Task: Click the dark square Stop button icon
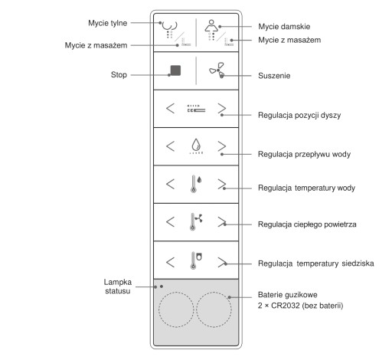point(175,70)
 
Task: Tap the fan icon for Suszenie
point(217,70)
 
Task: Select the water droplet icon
point(196,145)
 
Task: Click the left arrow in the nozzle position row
point(170,108)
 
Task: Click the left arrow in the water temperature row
point(170,184)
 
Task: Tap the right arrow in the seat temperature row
point(222,262)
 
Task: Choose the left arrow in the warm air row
point(170,221)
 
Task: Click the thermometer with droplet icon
point(196,184)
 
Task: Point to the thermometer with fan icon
point(196,221)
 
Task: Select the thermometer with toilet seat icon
point(196,260)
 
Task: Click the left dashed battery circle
point(176,309)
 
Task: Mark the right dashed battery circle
point(214,309)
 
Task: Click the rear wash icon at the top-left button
point(170,28)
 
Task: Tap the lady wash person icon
point(211,28)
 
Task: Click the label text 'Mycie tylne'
point(108,23)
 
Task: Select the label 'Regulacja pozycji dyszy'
point(299,115)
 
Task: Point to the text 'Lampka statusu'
point(118,286)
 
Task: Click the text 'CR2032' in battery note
point(285,306)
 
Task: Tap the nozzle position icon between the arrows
point(196,108)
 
